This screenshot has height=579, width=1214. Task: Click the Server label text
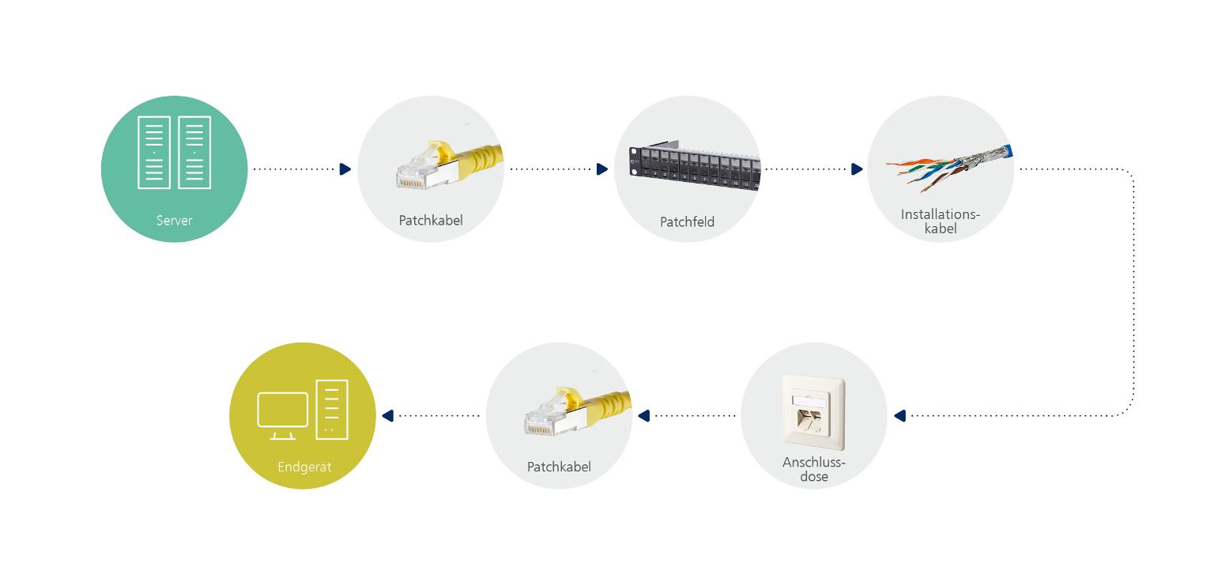[174, 221]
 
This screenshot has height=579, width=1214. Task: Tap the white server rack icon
[174, 153]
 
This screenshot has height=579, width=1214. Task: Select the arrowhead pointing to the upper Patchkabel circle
[345, 169]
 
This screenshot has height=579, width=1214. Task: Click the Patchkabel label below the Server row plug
[431, 221]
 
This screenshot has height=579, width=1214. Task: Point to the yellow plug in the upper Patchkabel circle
[447, 165]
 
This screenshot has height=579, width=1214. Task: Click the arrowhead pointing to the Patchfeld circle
[602, 169]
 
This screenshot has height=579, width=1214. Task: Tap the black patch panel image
[694, 167]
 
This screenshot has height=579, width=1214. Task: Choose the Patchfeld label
[687, 222]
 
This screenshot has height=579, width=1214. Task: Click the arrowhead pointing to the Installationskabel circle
[857, 169]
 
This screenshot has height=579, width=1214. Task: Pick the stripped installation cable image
[948, 165]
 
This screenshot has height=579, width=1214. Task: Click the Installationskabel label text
[941, 221]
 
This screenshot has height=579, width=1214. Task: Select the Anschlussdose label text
[814, 469]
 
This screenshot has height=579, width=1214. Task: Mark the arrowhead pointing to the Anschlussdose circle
[899, 416]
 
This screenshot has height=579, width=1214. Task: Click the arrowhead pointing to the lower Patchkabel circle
[643, 416]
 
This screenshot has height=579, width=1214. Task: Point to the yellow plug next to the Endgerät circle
[575, 412]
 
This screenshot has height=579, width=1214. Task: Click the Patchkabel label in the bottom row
[559, 467]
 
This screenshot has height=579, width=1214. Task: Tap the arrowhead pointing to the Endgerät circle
[387, 416]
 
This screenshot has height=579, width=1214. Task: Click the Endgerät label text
[304, 467]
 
